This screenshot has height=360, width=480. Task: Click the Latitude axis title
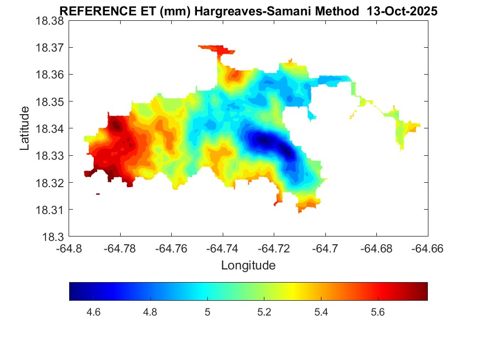coord(25,129)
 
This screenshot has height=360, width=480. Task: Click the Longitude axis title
coord(248,266)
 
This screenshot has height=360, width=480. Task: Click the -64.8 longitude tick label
coord(69,248)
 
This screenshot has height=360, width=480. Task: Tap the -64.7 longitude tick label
coord(326,248)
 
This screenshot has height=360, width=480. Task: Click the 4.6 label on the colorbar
coord(93,313)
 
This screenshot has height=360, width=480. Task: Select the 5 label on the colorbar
coord(207,313)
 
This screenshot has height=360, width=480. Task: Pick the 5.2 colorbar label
coord(264,313)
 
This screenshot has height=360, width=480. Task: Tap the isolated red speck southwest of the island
coord(98,194)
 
